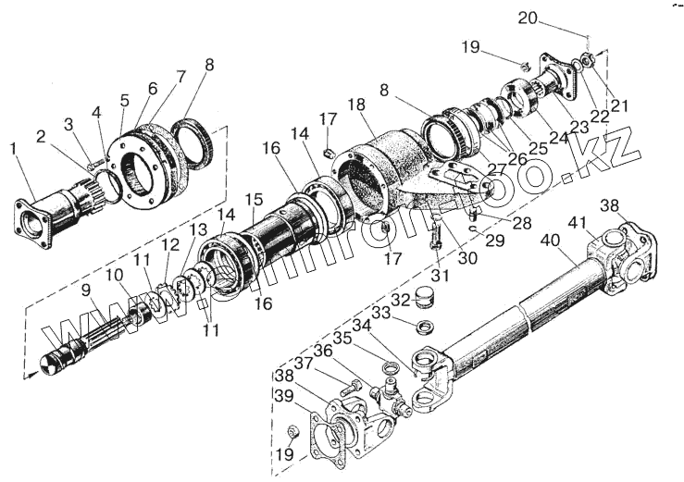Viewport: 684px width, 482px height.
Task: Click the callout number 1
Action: point(13,147)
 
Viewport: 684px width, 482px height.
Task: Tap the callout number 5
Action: point(124,99)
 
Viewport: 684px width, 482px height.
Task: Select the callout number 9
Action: point(85,289)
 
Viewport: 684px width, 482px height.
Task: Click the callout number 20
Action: point(552,19)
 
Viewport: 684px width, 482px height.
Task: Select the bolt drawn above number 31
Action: point(435,241)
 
